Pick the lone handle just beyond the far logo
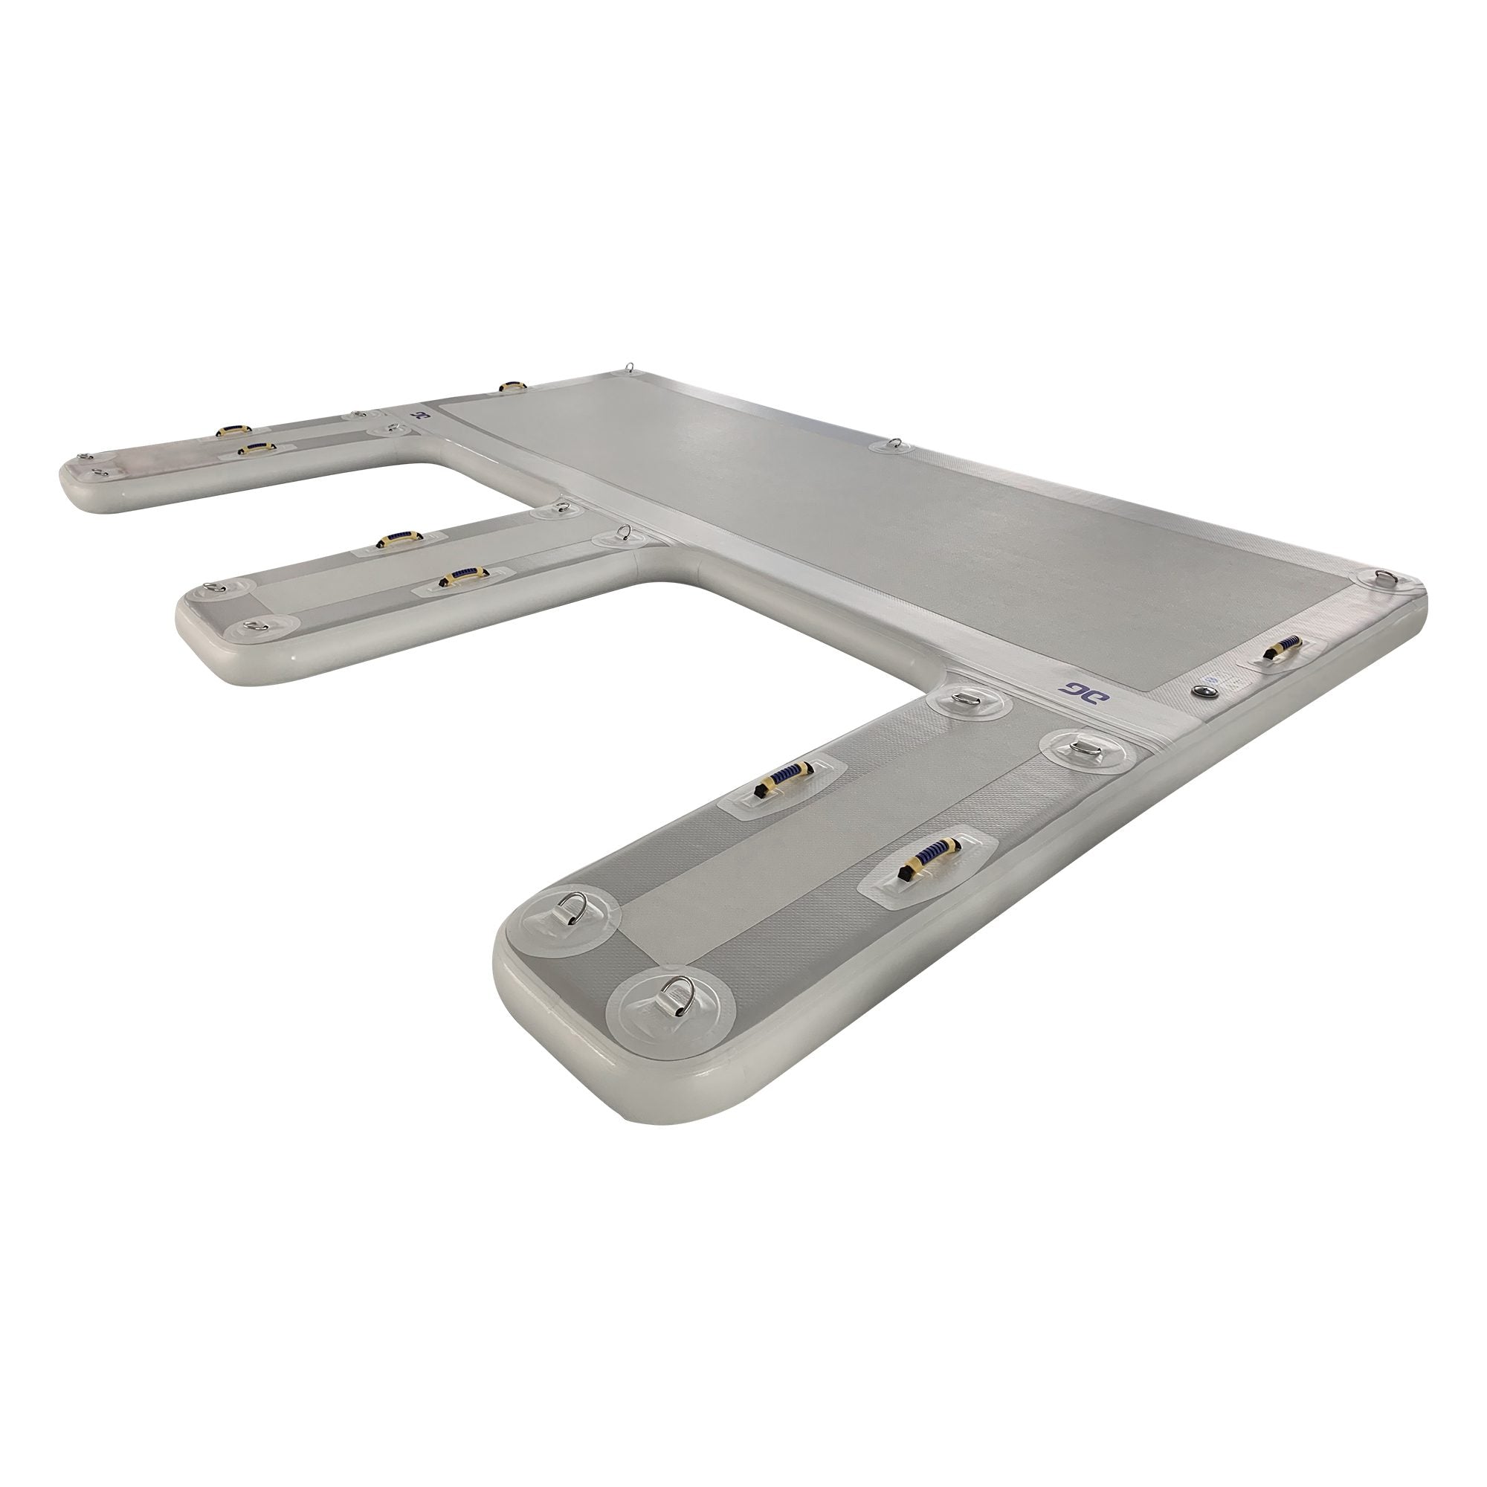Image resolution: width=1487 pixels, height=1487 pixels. click(511, 387)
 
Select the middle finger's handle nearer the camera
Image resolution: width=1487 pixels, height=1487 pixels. click(462, 575)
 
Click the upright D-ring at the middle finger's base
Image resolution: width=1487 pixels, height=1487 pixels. click(625, 532)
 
